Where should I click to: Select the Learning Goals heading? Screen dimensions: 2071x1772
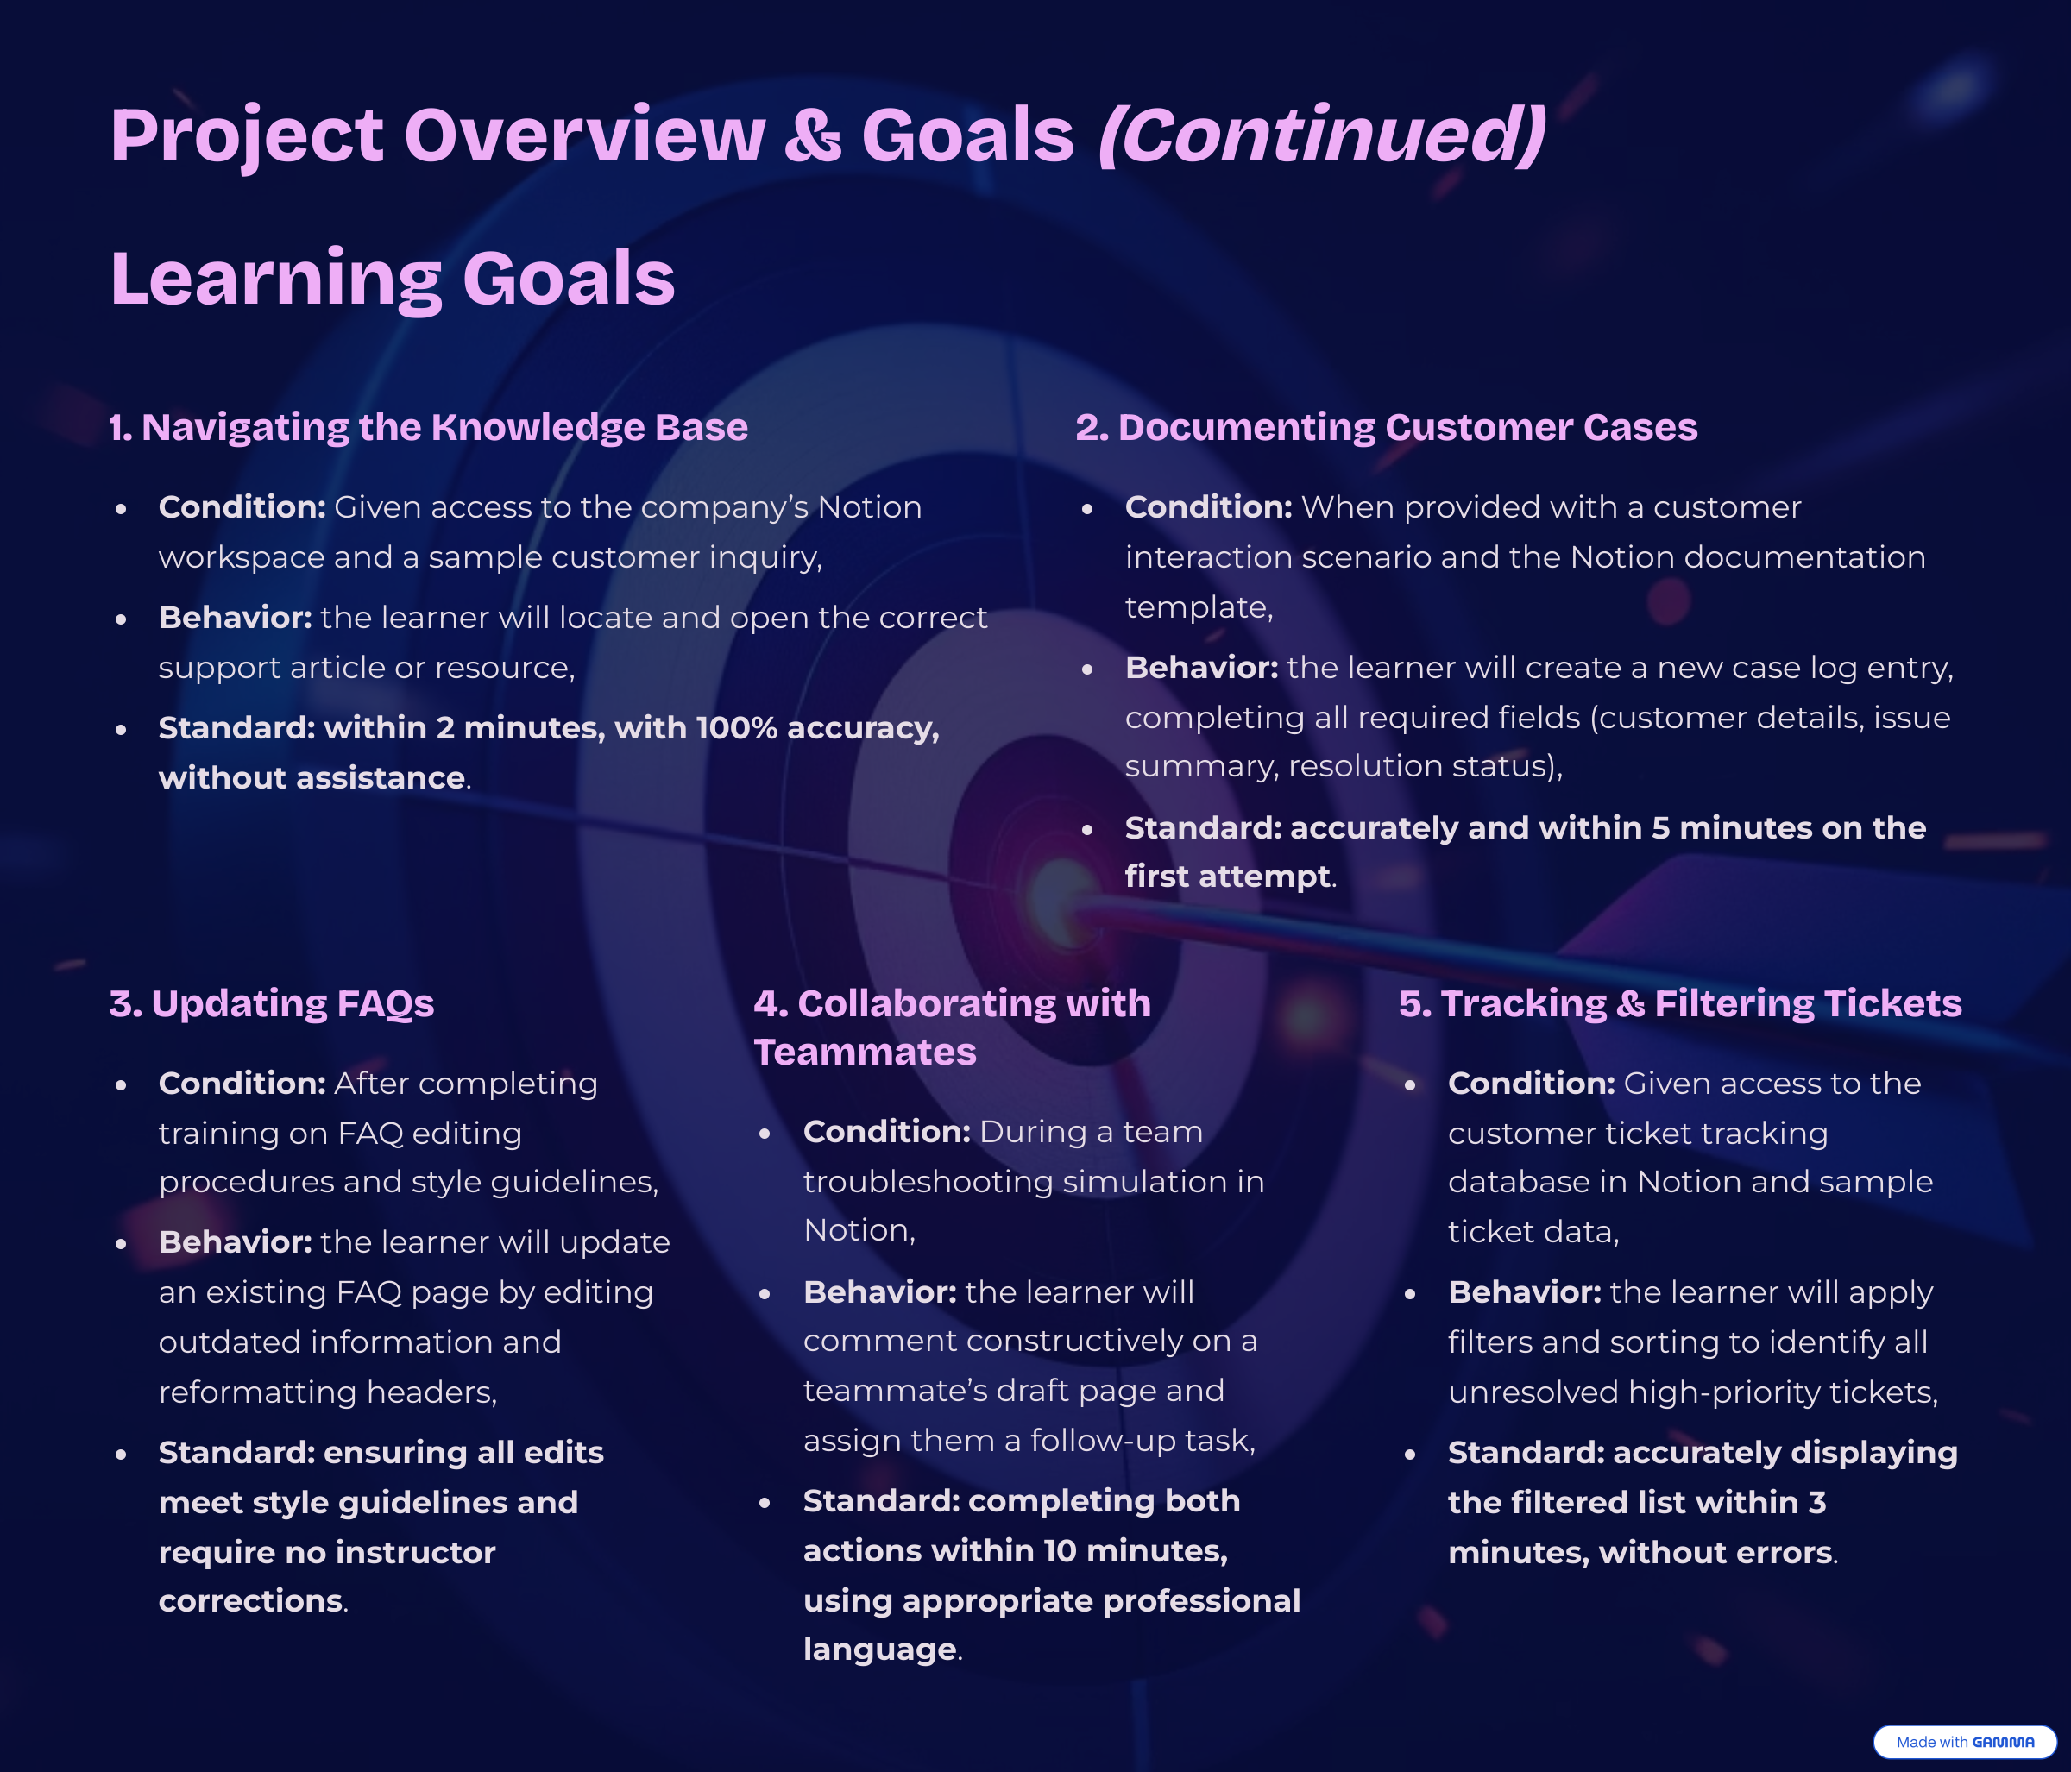(393, 278)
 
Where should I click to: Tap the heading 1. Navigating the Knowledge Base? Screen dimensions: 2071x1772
(429, 427)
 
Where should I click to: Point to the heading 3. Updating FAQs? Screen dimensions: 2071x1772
(272, 1002)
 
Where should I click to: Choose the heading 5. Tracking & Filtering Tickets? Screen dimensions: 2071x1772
(1680, 1002)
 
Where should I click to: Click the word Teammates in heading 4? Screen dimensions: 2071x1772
(865, 1052)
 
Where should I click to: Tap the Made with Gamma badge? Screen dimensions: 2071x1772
(1964, 1742)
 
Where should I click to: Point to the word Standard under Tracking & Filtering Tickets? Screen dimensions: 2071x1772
(1526, 1452)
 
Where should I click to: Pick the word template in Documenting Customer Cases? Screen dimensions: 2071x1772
(1199, 607)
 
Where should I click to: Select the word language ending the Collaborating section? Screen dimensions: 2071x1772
(879, 1649)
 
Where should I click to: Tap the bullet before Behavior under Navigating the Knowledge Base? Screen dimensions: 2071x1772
(121, 619)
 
